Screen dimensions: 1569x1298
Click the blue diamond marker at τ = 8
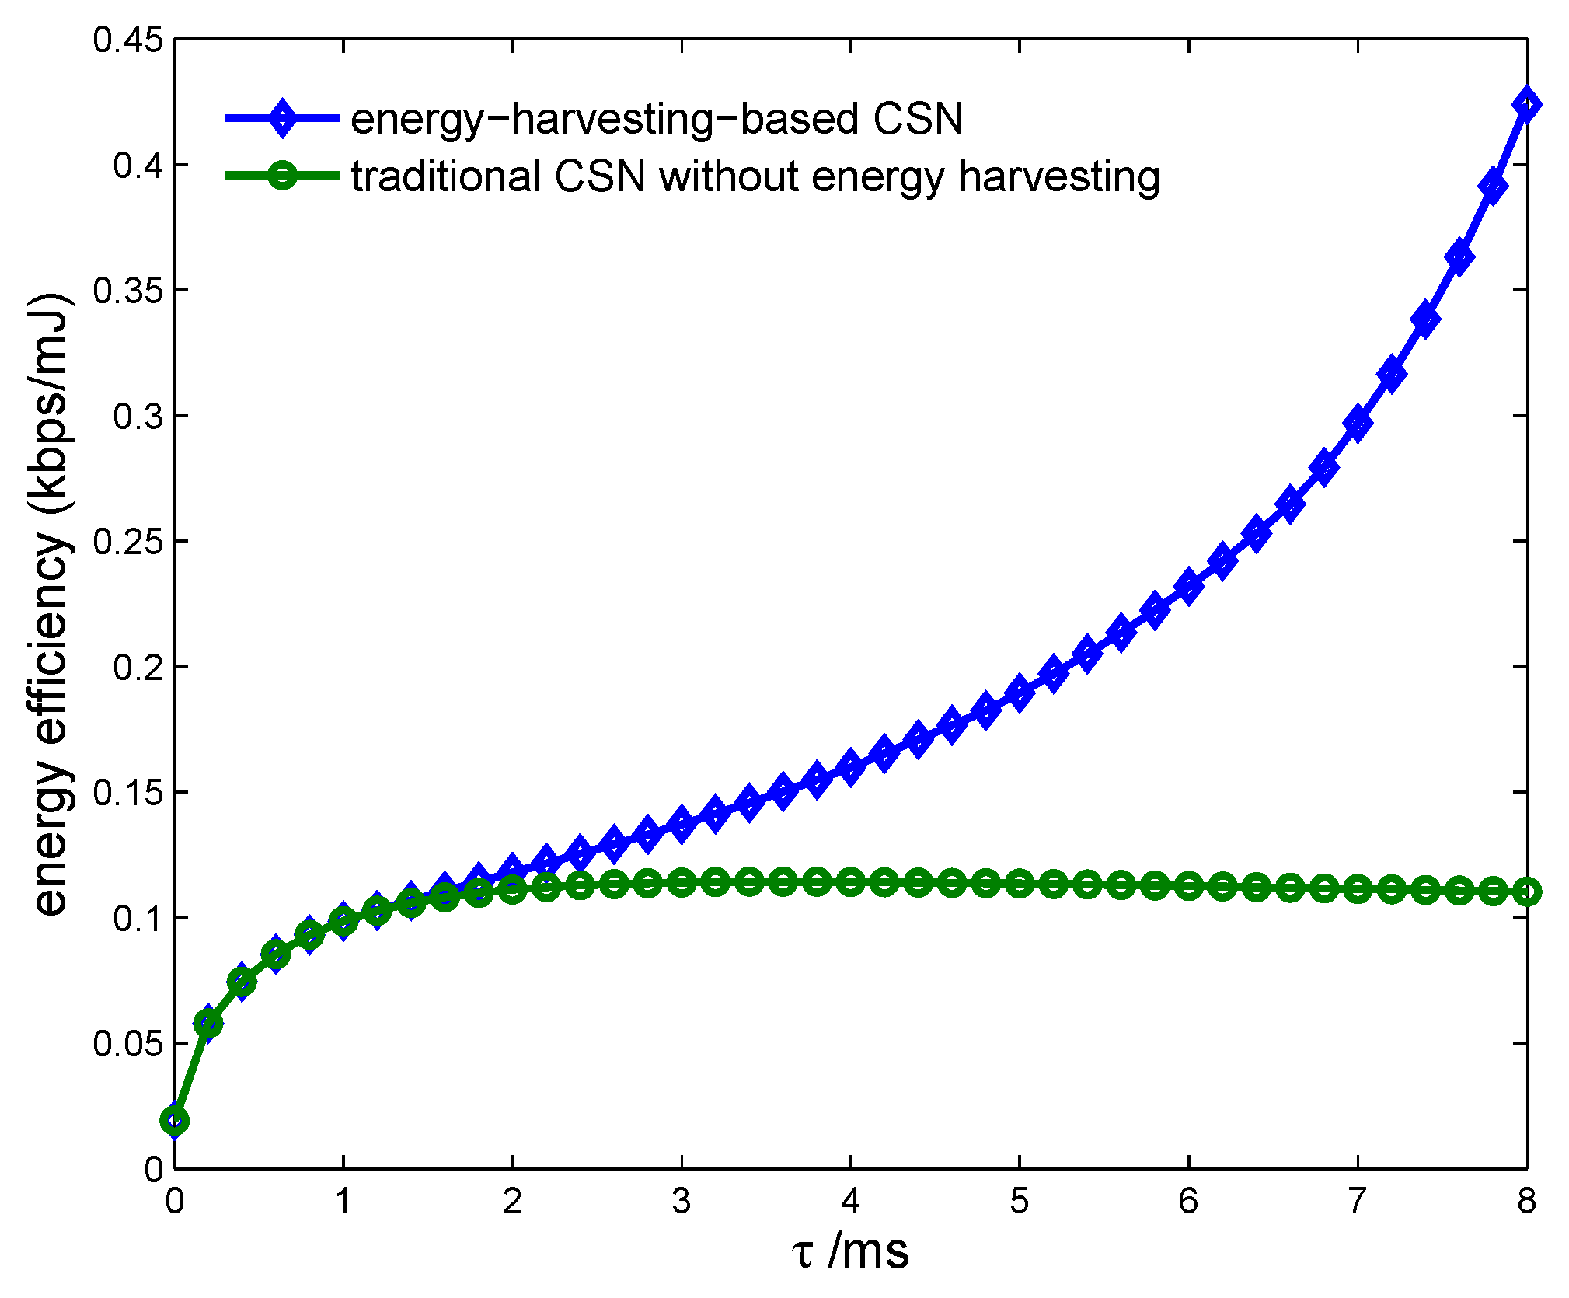tap(1526, 105)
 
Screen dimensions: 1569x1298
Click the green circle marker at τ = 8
tap(1526, 892)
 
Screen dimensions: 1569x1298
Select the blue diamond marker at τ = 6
tap(1188, 587)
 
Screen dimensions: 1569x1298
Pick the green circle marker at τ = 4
tap(850, 881)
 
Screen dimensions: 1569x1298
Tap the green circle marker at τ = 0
tap(174, 1120)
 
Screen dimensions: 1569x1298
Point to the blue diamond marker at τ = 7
tap(1358, 423)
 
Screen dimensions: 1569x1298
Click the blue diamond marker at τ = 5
tap(1019, 692)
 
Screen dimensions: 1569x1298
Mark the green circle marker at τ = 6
tap(1188, 885)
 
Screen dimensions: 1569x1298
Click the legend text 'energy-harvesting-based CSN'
tap(657, 120)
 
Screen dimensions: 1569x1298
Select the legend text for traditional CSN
tap(755, 177)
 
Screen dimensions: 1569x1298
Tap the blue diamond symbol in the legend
tap(282, 118)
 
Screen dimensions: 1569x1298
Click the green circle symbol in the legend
tap(282, 176)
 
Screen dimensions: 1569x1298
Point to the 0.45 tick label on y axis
tap(129, 39)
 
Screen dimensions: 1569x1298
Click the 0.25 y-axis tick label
tap(129, 541)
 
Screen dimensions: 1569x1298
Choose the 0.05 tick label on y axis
tap(129, 1043)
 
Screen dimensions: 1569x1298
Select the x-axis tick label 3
tap(682, 1201)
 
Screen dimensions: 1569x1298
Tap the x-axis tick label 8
tap(1526, 1201)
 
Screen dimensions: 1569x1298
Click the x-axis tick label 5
tap(1019, 1201)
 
